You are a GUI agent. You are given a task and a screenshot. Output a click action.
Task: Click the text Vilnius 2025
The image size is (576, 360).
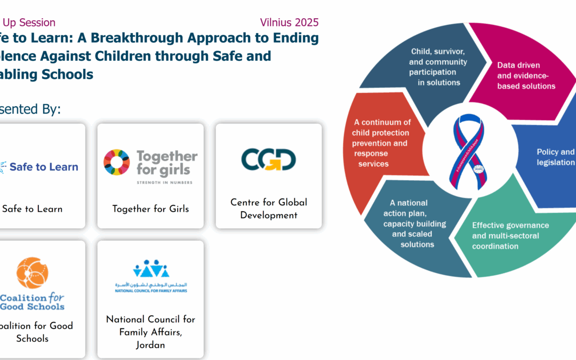(289, 22)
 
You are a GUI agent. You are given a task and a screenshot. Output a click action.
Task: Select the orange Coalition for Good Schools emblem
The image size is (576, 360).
(33, 273)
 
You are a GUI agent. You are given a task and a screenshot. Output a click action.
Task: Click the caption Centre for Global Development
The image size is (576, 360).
(268, 209)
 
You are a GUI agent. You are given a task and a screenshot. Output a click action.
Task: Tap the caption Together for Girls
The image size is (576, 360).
(150, 209)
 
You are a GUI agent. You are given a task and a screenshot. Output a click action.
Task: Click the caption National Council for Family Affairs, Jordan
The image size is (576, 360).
(150, 332)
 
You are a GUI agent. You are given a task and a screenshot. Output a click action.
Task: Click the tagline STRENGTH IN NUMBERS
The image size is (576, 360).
(163, 182)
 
